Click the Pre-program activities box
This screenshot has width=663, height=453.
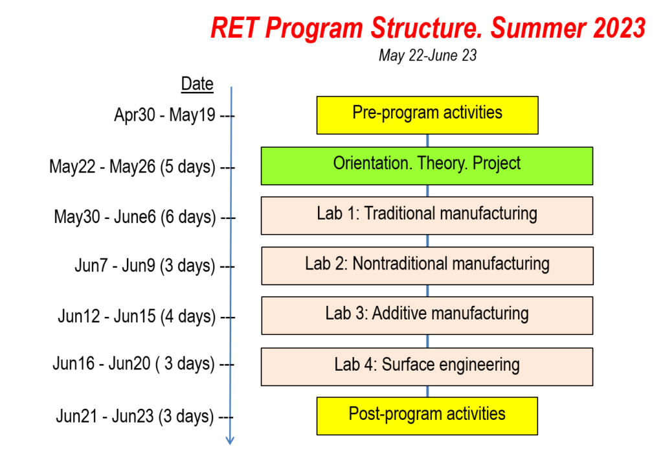(427, 115)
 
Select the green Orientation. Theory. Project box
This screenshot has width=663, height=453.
(427, 165)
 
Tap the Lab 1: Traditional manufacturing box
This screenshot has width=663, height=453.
(427, 215)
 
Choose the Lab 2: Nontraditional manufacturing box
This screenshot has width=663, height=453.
(427, 265)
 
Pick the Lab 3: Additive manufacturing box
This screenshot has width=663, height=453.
(427, 316)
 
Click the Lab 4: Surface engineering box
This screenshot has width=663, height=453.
(427, 366)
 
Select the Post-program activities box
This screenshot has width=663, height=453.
(427, 415)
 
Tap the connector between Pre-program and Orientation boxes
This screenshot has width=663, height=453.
(427, 141)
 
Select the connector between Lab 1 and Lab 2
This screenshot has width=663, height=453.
(427, 240)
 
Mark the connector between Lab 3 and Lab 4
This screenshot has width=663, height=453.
(427, 341)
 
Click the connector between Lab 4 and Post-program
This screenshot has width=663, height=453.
(427, 391)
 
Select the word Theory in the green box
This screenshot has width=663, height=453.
(441, 164)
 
